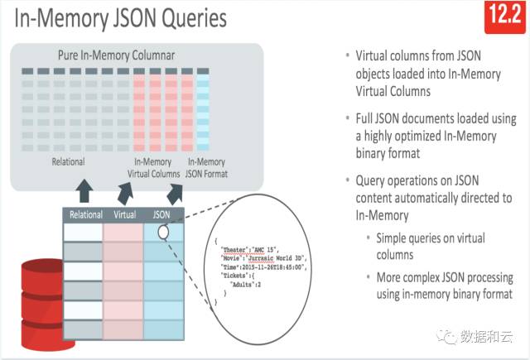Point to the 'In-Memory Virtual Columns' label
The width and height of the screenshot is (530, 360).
pyautogui.click(x=154, y=168)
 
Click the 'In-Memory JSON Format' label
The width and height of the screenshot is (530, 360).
pyautogui.click(x=207, y=168)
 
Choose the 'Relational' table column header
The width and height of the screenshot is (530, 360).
pyautogui.click(x=86, y=215)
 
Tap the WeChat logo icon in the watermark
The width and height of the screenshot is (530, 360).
pyautogui.click(x=451, y=335)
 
